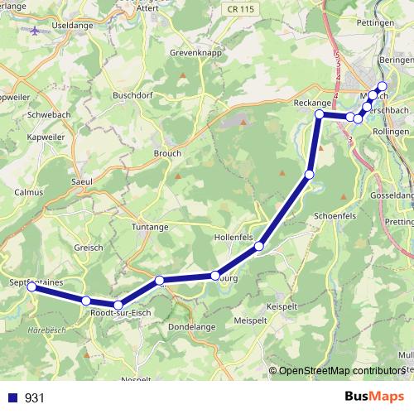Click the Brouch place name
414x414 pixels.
pos(167,153)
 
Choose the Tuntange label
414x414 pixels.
pos(150,226)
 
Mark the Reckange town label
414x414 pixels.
pos(312,101)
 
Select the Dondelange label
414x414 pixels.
pos(191,327)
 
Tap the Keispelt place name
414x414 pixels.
pos(282,306)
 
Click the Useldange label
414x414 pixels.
pos(70,27)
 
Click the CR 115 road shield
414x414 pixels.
pos(239,7)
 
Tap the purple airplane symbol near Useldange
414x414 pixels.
pos(34,31)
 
